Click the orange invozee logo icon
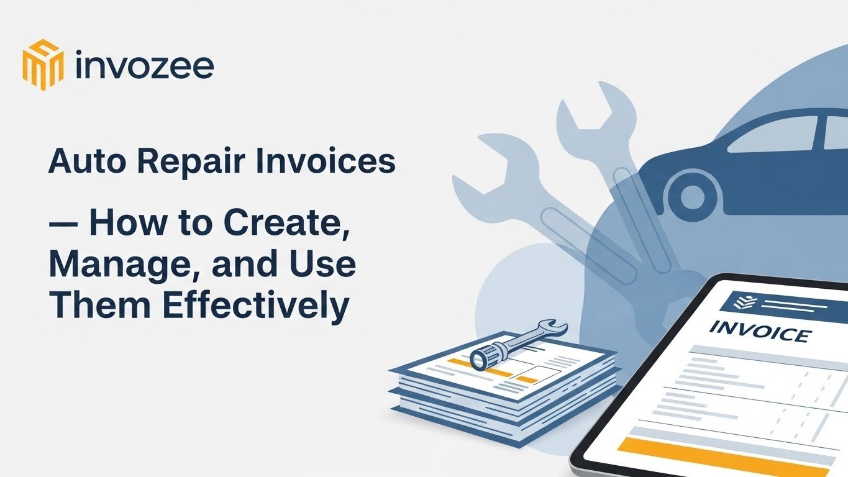[43, 65]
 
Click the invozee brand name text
[144, 65]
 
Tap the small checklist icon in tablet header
[741, 302]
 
